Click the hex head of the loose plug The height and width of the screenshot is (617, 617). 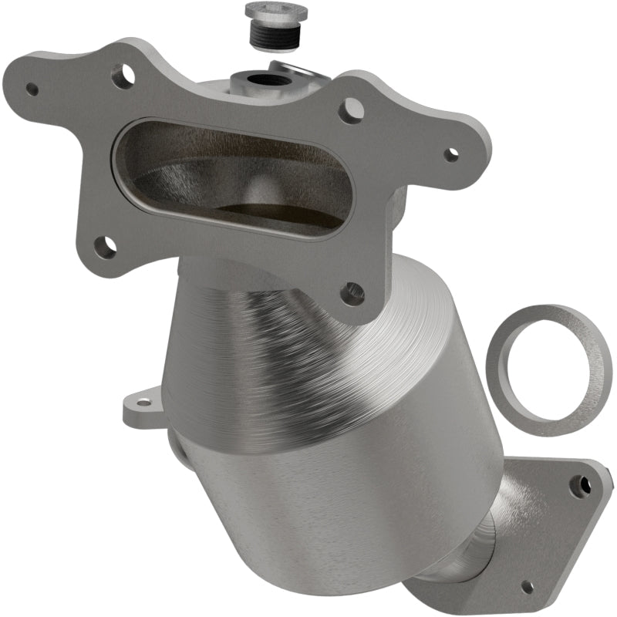point(276,12)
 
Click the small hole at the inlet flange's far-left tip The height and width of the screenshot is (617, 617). point(32,89)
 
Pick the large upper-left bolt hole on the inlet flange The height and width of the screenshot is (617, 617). point(123,76)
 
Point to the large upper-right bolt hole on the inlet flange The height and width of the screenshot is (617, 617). point(352,110)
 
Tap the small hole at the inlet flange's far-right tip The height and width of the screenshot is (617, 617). point(451,153)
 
